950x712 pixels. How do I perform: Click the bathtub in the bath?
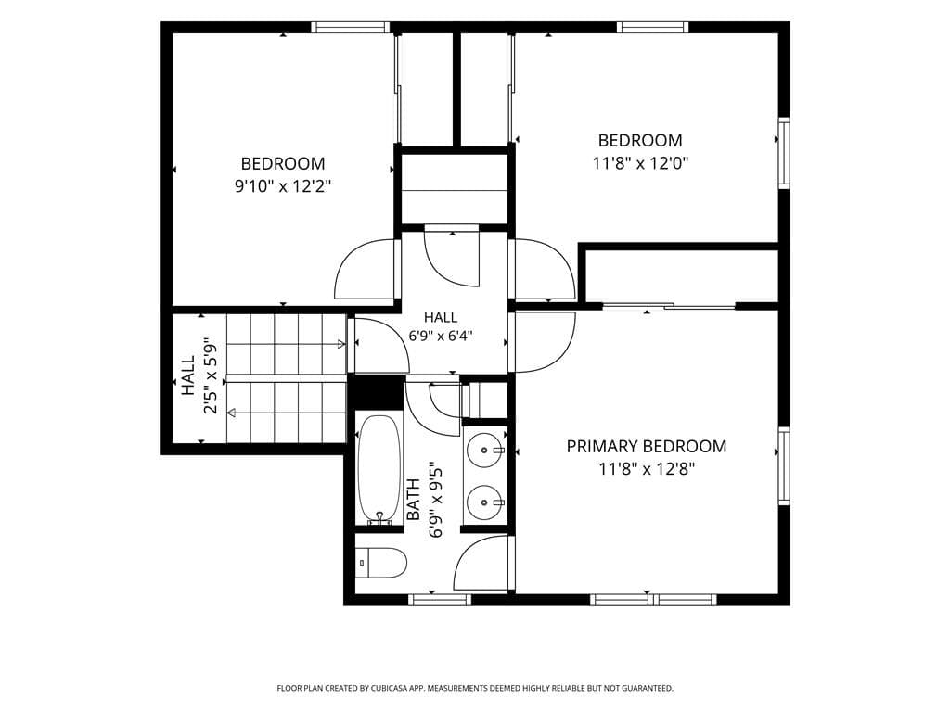coord(379,468)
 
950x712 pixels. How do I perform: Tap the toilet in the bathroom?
coord(380,563)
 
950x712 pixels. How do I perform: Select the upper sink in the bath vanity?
coord(485,451)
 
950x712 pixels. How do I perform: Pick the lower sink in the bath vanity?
coord(485,502)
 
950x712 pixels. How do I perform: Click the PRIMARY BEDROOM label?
coord(647,446)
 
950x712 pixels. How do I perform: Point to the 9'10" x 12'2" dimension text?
coord(283,186)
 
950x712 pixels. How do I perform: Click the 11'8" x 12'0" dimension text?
coord(640,163)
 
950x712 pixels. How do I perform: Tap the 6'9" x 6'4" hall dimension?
coord(441,336)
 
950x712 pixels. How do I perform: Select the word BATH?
coord(413,500)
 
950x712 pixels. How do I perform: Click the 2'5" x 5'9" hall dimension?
coord(211,375)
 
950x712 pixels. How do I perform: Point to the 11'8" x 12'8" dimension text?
coord(647,469)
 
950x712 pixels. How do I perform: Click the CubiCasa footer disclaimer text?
coord(475,689)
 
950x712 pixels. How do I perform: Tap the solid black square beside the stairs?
coord(379,392)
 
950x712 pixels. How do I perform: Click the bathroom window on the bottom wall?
coord(440,600)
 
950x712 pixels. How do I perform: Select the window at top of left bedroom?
coord(351,27)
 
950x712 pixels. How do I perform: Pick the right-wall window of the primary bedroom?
coord(784,466)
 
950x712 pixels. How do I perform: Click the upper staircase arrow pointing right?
coord(285,345)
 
